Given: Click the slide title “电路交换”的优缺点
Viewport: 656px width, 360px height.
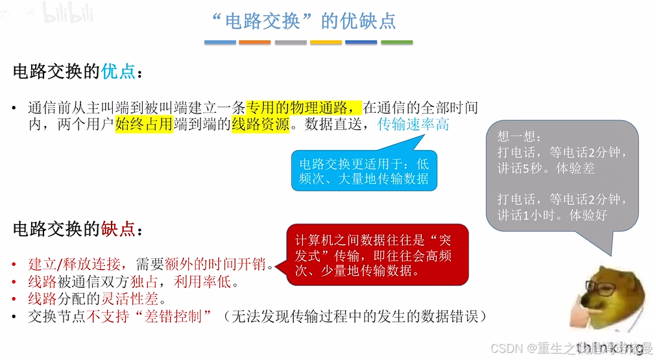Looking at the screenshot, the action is click(304, 21).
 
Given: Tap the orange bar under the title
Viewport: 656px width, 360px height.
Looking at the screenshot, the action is click(254, 43).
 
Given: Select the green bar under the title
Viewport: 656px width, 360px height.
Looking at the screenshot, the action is click(396, 43).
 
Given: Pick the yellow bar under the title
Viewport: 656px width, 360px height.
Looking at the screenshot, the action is click(326, 43).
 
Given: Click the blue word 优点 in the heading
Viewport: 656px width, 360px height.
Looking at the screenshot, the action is click(118, 71).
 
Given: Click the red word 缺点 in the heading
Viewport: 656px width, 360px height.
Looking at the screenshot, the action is click(118, 229).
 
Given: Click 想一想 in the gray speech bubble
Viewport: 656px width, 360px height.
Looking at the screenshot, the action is click(513, 137).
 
